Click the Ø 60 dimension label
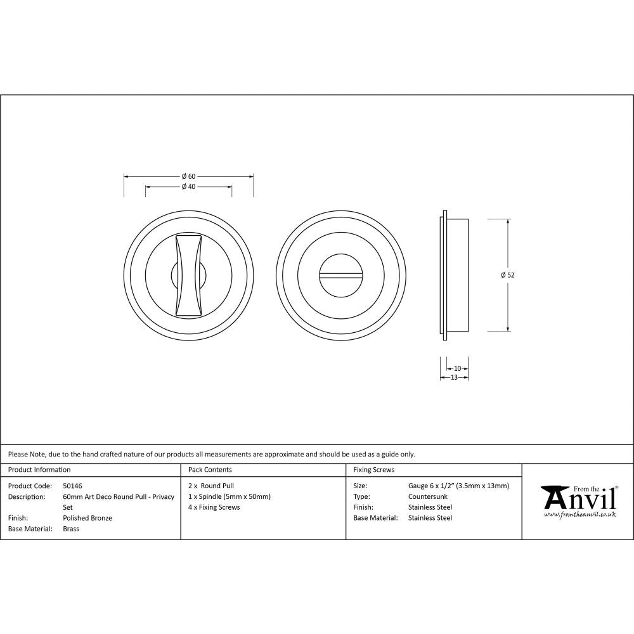tap(188, 176)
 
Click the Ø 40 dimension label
tap(188, 187)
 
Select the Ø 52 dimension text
tap(507, 275)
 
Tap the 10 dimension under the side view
tap(458, 368)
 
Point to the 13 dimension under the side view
tap(454, 377)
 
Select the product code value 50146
tap(72, 486)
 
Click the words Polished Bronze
tap(87, 518)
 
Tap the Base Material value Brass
tap(71, 529)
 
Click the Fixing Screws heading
tap(373, 470)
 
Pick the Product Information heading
tap(39, 470)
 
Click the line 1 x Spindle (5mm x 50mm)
tap(230, 496)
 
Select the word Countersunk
tap(428, 496)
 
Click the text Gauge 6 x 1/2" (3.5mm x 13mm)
tap(458, 486)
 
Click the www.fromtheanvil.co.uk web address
tap(580, 515)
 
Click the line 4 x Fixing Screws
tap(214, 507)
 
